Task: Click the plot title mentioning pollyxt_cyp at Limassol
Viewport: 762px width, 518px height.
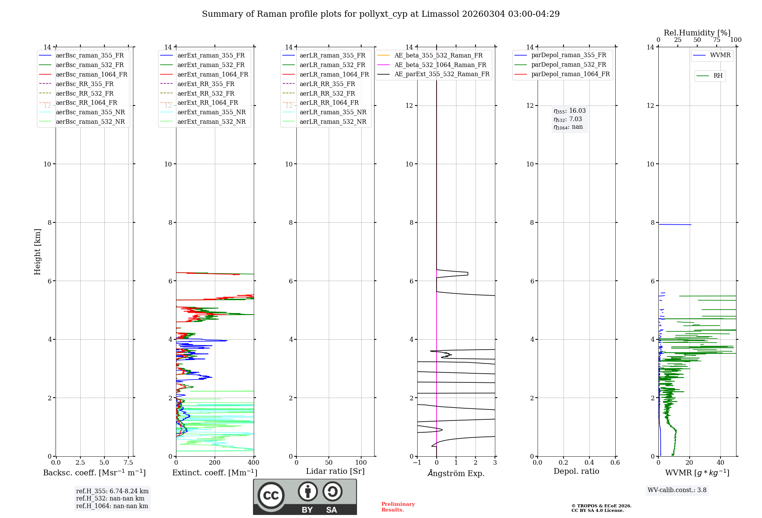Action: tap(381, 14)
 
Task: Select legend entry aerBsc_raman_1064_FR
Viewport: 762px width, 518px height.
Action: tap(91, 74)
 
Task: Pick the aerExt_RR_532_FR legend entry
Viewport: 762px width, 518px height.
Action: tap(206, 93)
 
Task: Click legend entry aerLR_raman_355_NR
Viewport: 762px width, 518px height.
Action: tap(333, 112)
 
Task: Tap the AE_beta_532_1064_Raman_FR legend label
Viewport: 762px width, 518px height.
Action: tap(440, 65)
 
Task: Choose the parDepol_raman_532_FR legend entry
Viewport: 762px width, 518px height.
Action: tap(568, 65)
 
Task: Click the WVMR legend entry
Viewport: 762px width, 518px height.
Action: tap(720, 55)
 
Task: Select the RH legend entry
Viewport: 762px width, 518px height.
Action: tap(718, 76)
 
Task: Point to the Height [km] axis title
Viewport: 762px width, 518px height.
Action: tap(37, 251)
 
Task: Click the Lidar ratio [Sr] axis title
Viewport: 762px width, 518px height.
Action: tap(335, 471)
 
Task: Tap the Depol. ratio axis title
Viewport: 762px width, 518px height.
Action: tap(576, 471)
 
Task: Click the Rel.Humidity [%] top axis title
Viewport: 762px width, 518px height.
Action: tap(697, 33)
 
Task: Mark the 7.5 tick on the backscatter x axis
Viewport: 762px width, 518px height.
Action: tap(128, 462)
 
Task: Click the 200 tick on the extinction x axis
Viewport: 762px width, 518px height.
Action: tap(215, 462)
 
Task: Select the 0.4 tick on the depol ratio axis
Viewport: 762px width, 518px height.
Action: tap(589, 462)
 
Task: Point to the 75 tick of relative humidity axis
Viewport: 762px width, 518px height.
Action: tap(717, 40)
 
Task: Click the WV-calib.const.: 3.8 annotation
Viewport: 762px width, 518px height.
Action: tap(677, 490)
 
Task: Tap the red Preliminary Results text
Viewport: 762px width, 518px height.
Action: tap(398, 507)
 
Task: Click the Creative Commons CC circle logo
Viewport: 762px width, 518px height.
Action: tap(271, 495)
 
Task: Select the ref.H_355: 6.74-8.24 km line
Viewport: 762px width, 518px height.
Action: tap(112, 491)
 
